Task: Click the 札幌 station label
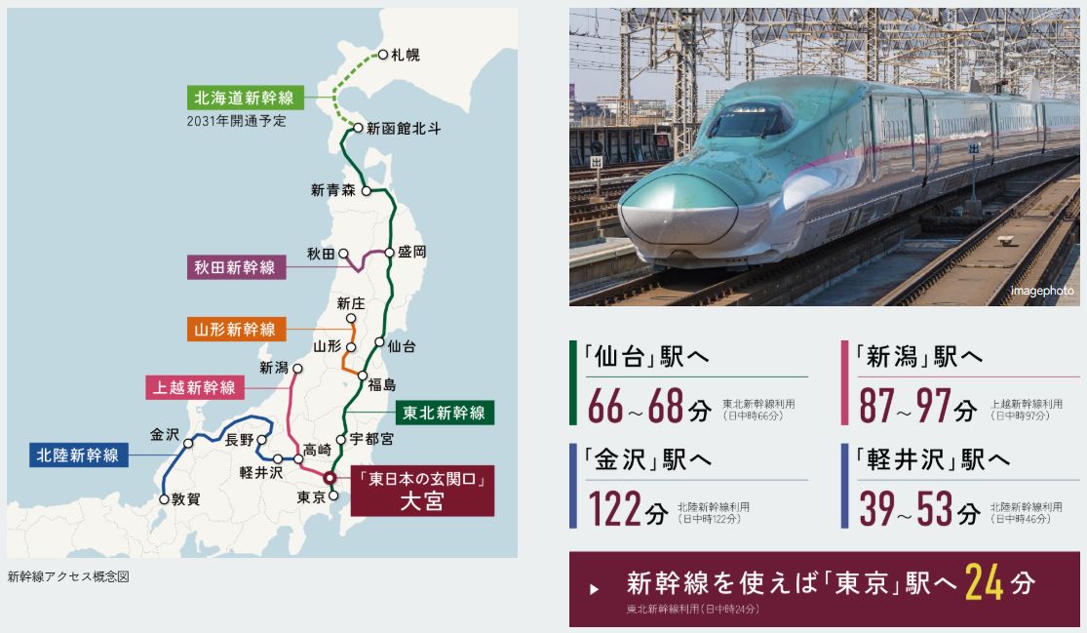(x=406, y=55)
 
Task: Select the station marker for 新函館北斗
(x=359, y=128)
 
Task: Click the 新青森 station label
(x=331, y=191)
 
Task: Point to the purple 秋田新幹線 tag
(x=235, y=267)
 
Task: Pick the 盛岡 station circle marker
(x=390, y=252)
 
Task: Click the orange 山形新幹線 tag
(x=235, y=330)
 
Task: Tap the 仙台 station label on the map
(x=401, y=345)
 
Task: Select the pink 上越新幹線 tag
(x=195, y=387)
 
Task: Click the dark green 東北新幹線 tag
(x=445, y=413)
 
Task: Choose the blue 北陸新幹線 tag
(x=78, y=455)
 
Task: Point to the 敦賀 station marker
(x=164, y=498)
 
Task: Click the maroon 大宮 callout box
(x=421, y=492)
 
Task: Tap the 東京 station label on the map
(x=309, y=496)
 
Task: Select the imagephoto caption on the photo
(x=1041, y=291)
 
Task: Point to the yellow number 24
(x=984, y=583)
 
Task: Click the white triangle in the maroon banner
(x=595, y=589)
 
